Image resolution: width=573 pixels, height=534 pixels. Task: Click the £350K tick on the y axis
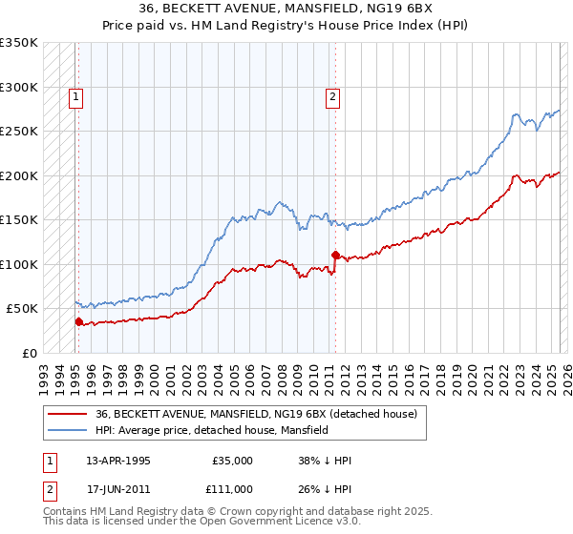click(19, 43)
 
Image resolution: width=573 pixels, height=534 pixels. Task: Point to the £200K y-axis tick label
click(19, 175)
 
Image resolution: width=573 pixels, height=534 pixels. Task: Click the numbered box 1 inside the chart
click(74, 95)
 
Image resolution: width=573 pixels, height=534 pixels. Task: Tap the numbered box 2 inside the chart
click(331, 95)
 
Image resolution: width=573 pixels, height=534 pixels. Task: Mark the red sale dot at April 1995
click(78, 321)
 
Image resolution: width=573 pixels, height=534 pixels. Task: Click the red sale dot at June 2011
click(335, 255)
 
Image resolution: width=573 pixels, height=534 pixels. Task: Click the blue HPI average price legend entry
click(211, 431)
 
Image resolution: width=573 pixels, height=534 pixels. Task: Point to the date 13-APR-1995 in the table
click(118, 461)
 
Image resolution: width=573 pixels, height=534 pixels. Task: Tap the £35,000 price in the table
click(231, 461)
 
